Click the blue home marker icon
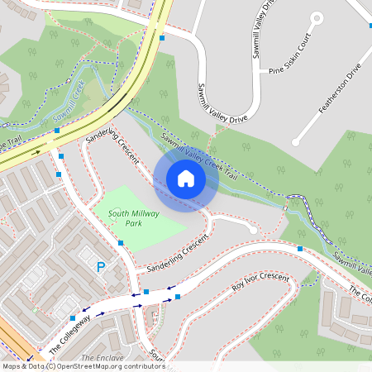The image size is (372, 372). click(x=186, y=179)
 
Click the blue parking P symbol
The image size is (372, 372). click(x=101, y=267)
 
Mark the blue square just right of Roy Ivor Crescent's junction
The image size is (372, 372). click(x=177, y=296)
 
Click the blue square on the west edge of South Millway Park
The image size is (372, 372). click(x=121, y=243)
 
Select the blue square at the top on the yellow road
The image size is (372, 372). click(x=163, y=37)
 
